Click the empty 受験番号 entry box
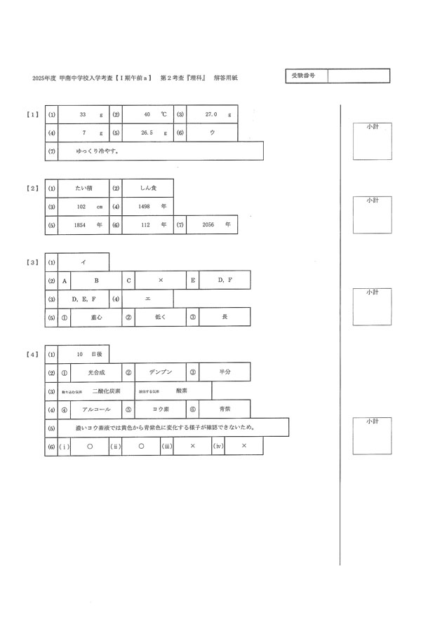[x=358, y=76]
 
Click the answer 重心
[x=97, y=318]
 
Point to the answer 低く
[x=160, y=318]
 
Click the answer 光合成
[x=97, y=373]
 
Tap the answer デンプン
[x=161, y=373]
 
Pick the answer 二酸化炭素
[x=106, y=391]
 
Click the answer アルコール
[x=96, y=409]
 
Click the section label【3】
[x=32, y=262]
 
